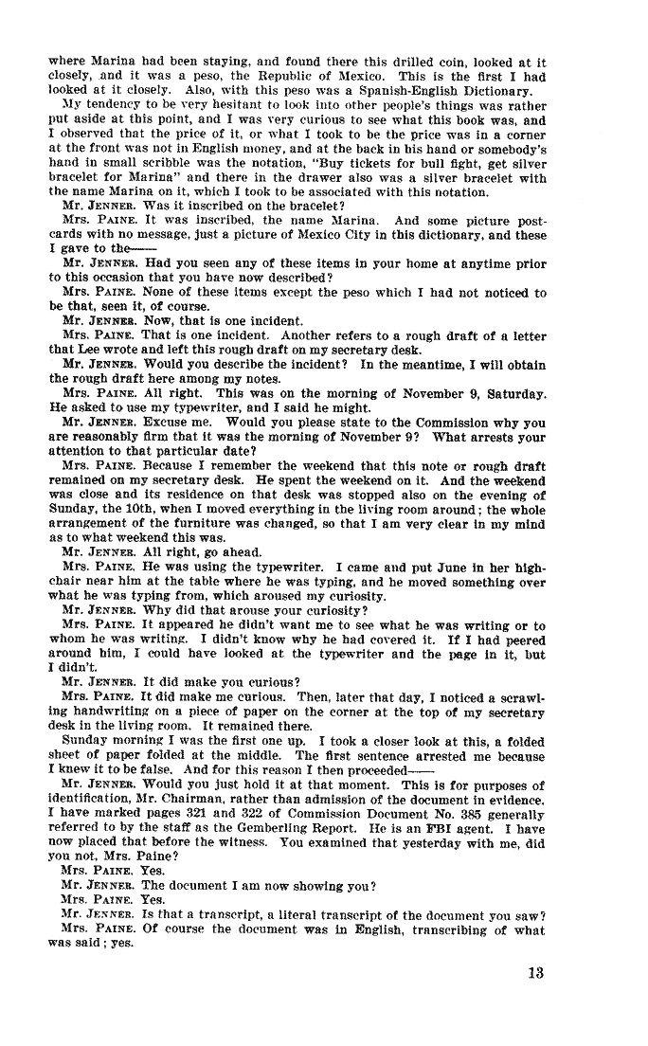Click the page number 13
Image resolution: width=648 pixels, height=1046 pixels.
coord(536,972)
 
